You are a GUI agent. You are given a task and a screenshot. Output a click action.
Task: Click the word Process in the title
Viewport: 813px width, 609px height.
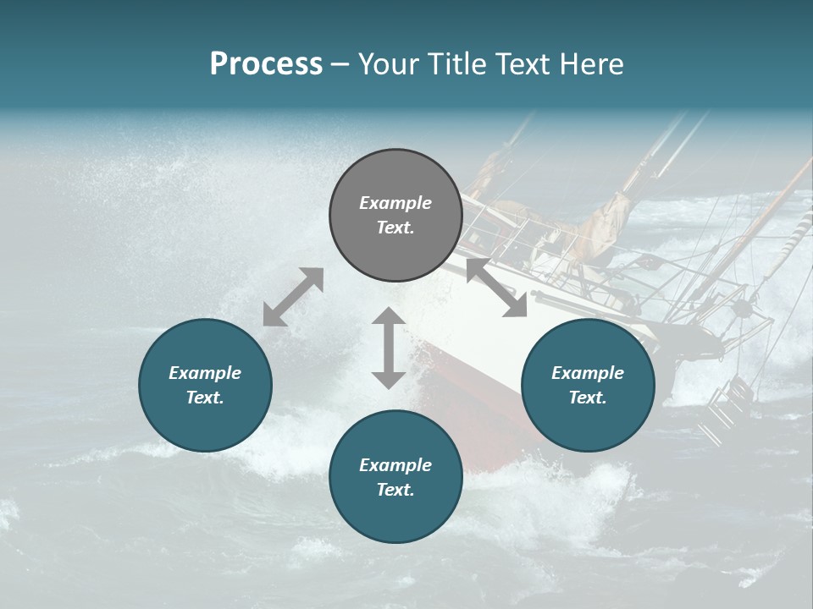pyautogui.click(x=266, y=64)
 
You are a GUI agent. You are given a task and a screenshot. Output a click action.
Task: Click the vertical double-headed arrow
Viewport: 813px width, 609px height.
pyautogui.click(x=389, y=348)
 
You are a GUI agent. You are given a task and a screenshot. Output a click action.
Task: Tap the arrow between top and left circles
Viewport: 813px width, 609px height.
pyautogui.click(x=293, y=297)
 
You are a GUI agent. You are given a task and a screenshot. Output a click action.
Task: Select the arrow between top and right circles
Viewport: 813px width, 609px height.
pyautogui.click(x=496, y=288)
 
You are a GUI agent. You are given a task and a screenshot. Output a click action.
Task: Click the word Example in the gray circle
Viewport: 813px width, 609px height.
pyautogui.click(x=395, y=203)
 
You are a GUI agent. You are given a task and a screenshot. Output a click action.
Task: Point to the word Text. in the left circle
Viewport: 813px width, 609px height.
pyautogui.click(x=205, y=398)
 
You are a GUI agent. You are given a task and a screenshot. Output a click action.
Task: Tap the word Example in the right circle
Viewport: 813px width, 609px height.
pyautogui.click(x=588, y=373)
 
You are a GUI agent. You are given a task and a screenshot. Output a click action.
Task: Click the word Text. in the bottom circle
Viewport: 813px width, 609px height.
pyautogui.click(x=395, y=490)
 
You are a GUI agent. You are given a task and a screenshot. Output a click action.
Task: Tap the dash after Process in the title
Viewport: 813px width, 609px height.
pyautogui.click(x=340, y=64)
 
